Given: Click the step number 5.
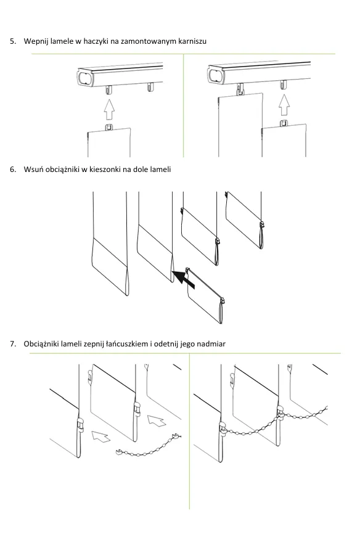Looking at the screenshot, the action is point(13,41).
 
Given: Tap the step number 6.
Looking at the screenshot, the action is point(13,170).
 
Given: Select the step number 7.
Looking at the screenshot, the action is point(13,344).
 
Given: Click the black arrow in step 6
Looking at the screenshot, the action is point(183,279).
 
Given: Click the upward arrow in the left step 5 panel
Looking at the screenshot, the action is point(109,109).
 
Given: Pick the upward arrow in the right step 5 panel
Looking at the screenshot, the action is point(284,105).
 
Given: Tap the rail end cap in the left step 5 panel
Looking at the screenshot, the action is point(85,78).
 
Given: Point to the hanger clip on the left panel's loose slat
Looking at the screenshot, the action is point(109,127).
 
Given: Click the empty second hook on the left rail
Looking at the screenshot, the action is point(150,87).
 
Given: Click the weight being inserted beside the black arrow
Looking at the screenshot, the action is point(205,295).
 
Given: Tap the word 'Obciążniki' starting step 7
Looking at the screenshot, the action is point(42,344).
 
